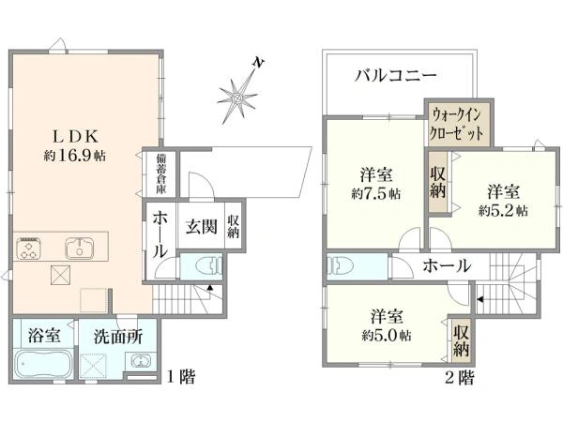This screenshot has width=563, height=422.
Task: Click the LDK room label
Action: [75, 136]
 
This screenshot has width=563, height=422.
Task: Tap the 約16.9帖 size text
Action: [75, 156]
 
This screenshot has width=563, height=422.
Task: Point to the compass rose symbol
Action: [237, 98]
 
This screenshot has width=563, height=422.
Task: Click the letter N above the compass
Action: [258, 63]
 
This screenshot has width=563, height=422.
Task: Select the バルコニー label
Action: [396, 76]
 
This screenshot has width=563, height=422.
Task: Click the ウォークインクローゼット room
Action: [456, 124]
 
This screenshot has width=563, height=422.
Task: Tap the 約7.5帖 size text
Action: [376, 194]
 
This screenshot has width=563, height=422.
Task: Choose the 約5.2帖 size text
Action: [503, 211]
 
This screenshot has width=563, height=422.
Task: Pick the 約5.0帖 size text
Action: [387, 336]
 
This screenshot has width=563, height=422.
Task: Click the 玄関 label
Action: [202, 226]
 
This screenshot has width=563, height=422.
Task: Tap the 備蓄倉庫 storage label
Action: [161, 174]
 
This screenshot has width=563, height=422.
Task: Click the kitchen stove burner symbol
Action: [28, 248]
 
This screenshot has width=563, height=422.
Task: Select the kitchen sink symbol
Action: [80, 248]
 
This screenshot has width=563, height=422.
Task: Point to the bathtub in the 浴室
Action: [43, 364]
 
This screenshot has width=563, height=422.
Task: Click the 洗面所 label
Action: [118, 337]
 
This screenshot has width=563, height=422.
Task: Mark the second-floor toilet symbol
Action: [341, 266]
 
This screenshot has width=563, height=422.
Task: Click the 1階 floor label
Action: [182, 377]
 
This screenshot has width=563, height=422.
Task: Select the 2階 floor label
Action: [460, 377]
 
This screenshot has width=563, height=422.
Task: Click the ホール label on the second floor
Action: [447, 266]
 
